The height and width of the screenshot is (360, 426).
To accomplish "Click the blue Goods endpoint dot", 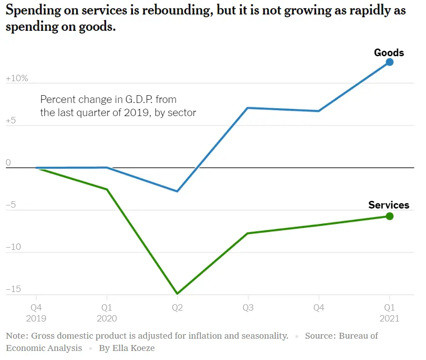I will pyautogui.click(x=389, y=62).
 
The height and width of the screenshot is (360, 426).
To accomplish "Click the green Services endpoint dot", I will pyautogui.click(x=389, y=216).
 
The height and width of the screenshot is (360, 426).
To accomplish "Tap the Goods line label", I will pyautogui.click(x=389, y=53).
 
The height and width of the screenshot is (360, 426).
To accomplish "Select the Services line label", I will pyautogui.click(x=388, y=205).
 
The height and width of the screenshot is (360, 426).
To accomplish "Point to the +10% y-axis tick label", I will pyautogui.click(x=17, y=78).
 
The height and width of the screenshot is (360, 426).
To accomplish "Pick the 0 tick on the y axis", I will pyautogui.click(x=8, y=163).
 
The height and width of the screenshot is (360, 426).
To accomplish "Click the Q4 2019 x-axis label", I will pyautogui.click(x=36, y=312).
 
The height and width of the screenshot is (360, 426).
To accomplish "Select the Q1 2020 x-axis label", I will pyautogui.click(x=107, y=312).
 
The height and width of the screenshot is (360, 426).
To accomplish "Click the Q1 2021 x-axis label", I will pyautogui.click(x=389, y=312).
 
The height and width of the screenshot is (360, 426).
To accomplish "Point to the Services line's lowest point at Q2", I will pyautogui.click(x=177, y=294).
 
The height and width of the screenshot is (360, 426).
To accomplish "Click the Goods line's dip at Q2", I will pyautogui.click(x=177, y=191).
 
